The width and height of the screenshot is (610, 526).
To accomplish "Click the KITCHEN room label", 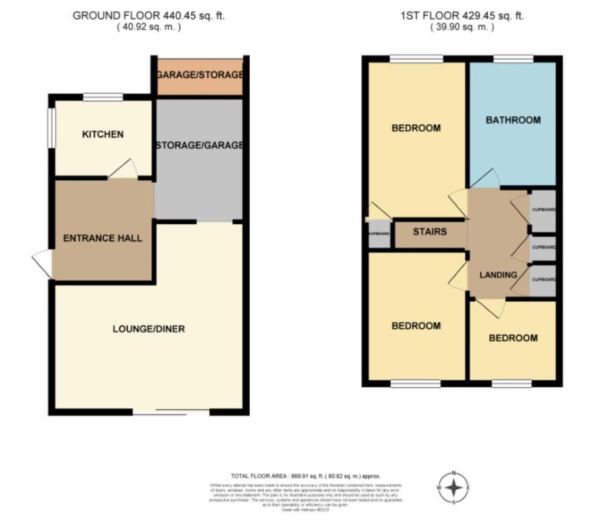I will [x=103, y=135].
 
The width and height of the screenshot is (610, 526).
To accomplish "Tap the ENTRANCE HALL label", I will [x=103, y=238].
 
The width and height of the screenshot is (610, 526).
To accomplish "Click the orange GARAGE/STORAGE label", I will [x=199, y=75].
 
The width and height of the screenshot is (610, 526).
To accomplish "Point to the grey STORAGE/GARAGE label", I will [x=199, y=145].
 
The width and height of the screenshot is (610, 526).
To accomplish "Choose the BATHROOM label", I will [x=513, y=120].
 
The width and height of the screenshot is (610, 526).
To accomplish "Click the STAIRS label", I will [x=430, y=231].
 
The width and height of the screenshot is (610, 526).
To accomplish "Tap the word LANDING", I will [x=498, y=275].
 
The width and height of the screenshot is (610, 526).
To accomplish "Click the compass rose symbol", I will [x=454, y=487].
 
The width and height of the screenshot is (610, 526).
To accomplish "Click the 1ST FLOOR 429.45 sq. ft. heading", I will [x=461, y=15].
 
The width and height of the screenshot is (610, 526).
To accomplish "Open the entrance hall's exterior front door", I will [x=42, y=264].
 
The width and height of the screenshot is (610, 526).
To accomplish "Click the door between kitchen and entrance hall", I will [x=123, y=170].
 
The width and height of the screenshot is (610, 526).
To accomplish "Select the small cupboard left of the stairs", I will [x=379, y=234].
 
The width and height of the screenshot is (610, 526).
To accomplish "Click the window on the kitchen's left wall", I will [x=51, y=128].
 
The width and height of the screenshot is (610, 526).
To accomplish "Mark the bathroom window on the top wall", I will [x=513, y=60].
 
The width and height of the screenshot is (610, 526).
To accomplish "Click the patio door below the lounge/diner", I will [x=171, y=412].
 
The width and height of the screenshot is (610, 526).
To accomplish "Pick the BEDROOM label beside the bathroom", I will [x=415, y=128].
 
